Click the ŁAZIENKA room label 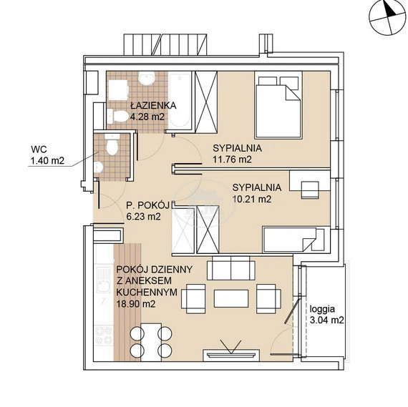click(x=153, y=106)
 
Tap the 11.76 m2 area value click(x=232, y=160)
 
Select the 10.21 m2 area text click(x=252, y=200)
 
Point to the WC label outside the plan click(x=39, y=149)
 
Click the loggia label click(x=322, y=309)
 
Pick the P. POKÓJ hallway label click(x=147, y=205)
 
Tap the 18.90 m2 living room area click(x=136, y=304)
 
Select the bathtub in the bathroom click(x=180, y=100)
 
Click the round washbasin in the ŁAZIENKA click(x=147, y=78)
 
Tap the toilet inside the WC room click(x=112, y=144)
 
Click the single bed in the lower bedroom click(x=293, y=240)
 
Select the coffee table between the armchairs click(x=231, y=298)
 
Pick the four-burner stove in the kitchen click(x=104, y=336)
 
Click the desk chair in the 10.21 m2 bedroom click(x=310, y=190)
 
